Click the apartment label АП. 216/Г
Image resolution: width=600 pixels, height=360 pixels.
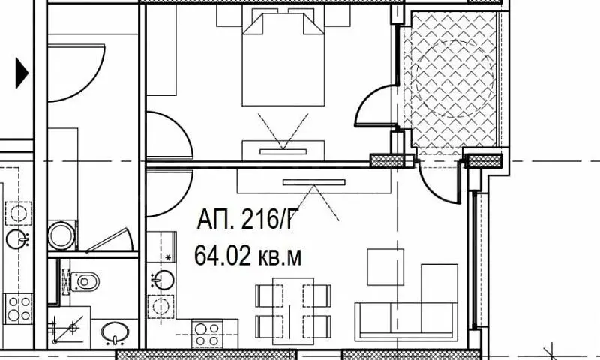click(247, 220)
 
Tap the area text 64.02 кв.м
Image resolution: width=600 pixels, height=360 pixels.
click(248, 256)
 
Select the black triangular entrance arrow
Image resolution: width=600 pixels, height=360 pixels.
click(22, 73)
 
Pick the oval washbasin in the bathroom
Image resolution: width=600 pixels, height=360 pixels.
click(115, 332)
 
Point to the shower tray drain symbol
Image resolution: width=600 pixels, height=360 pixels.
click(73, 328)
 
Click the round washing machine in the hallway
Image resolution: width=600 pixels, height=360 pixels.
click(61, 235)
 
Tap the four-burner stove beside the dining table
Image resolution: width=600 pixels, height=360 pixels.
click(207, 334)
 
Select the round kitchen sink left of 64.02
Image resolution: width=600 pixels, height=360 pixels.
click(163, 280)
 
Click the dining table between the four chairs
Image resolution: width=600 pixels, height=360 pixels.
click(293, 311)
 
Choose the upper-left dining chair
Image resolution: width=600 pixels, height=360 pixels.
click(269, 295)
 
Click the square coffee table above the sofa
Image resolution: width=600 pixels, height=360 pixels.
click(385, 267)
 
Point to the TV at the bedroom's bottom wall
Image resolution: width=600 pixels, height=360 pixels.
click(283, 152)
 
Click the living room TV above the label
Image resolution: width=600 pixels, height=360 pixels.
click(314, 182)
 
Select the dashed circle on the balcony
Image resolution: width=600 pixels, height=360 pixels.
click(454, 79)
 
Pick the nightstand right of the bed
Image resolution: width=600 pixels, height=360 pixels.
click(337, 15)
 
